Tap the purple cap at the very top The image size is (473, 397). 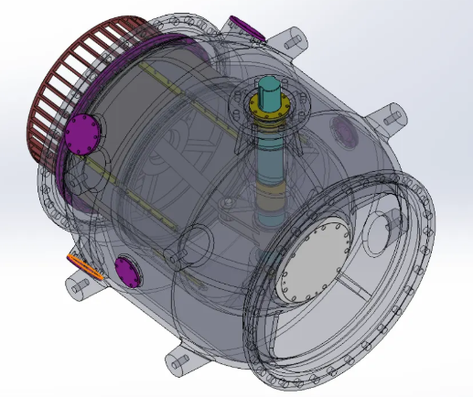pos(247,27)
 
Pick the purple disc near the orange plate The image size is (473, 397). pos(125,272)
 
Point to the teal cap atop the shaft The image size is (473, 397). pos(271,90)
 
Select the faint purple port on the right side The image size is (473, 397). pos(347,134)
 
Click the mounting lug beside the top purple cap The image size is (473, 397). pos(293,41)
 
